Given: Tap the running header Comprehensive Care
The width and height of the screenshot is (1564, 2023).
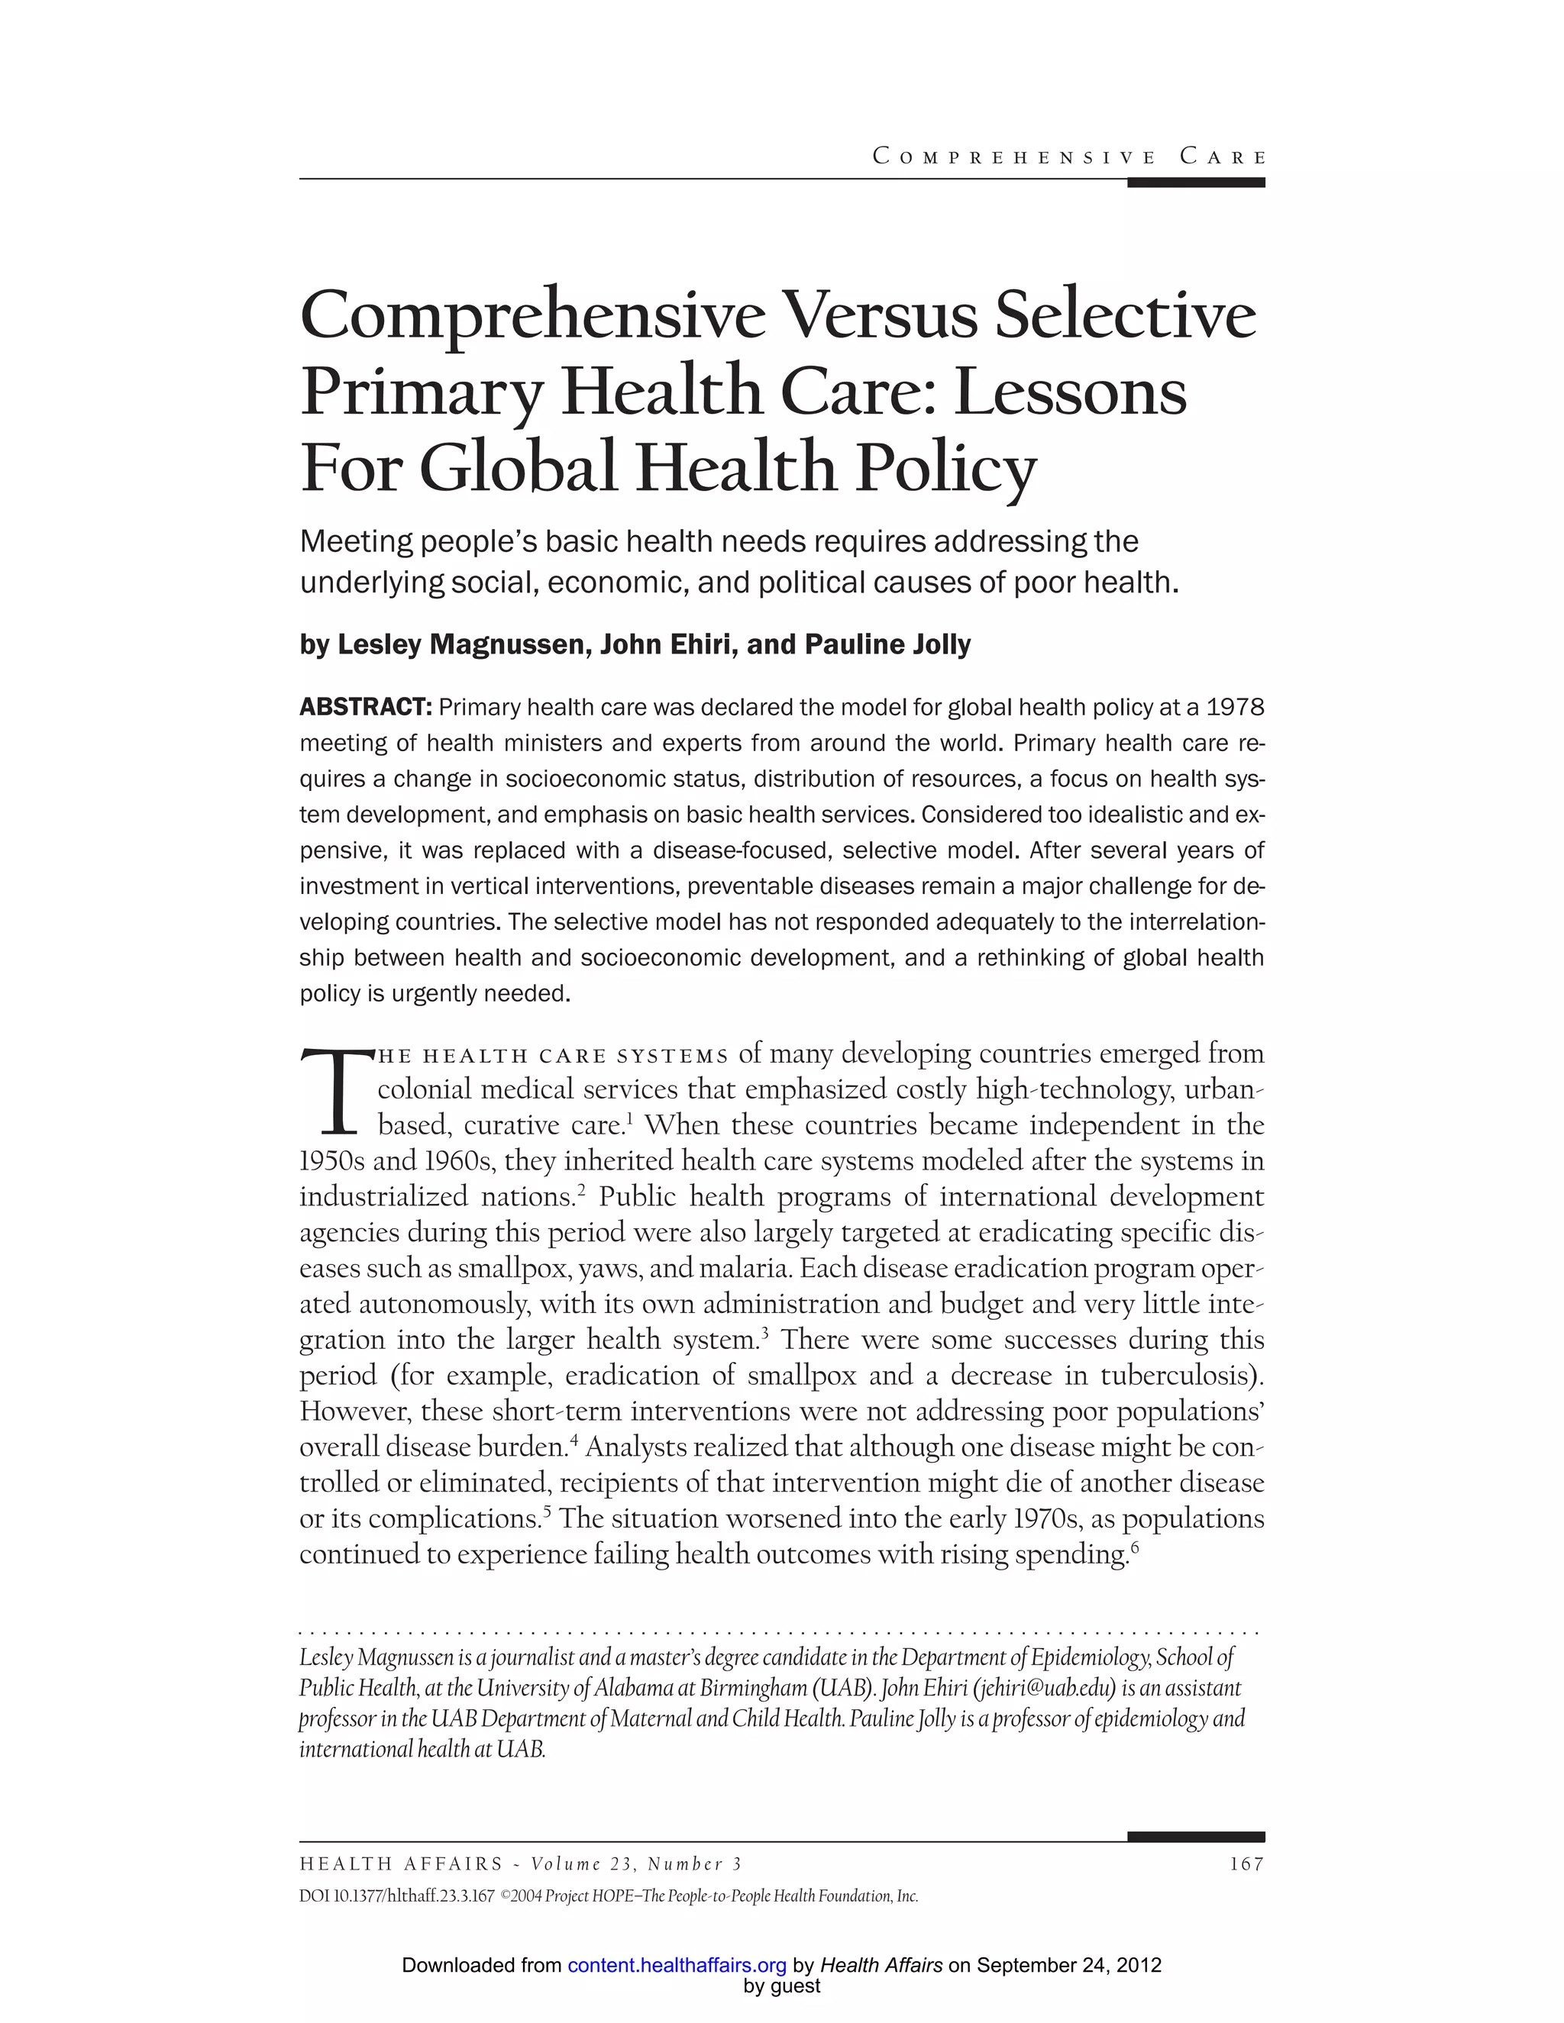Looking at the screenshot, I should pyautogui.click(x=1069, y=156).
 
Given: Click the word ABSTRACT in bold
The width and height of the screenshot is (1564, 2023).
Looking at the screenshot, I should pyautogui.click(x=366, y=708).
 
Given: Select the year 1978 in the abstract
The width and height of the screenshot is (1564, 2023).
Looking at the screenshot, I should pyautogui.click(x=1236, y=708).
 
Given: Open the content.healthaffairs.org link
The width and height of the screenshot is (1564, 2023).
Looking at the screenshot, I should pyautogui.click(x=677, y=1965).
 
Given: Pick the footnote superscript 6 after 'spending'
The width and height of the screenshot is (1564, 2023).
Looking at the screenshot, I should pyautogui.click(x=1134, y=1545).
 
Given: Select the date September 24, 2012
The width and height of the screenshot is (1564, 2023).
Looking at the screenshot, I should pyautogui.click(x=1069, y=1965).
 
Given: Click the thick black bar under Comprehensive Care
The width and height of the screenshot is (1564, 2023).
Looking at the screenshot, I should pyautogui.click(x=1195, y=182).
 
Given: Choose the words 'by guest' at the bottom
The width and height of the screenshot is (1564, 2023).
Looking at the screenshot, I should pyautogui.click(x=782, y=1986).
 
